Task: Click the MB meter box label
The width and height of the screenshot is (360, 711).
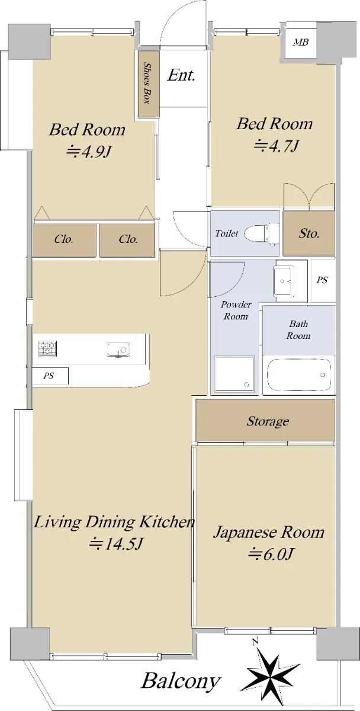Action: tap(301, 42)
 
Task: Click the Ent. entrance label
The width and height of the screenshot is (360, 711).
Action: tap(181, 76)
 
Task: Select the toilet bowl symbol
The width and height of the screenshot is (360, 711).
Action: tap(262, 233)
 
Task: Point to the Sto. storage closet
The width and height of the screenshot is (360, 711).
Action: tap(309, 233)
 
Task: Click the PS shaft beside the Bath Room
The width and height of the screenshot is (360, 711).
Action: tap(323, 280)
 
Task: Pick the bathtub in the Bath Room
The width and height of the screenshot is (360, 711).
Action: tap(298, 374)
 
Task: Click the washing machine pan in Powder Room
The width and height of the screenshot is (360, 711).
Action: tap(234, 374)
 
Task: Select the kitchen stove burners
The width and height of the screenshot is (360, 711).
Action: tap(47, 348)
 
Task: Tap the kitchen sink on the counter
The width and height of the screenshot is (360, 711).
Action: tap(118, 350)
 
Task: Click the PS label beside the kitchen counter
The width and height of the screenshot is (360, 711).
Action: tap(49, 376)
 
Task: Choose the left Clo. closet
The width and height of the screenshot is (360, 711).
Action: tap(65, 239)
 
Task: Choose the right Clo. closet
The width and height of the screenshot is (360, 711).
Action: tap(127, 239)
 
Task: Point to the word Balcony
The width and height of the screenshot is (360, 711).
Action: tap(181, 681)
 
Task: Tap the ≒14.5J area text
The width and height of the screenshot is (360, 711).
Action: tap(116, 544)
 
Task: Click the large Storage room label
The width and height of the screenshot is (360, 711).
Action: tap(268, 421)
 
